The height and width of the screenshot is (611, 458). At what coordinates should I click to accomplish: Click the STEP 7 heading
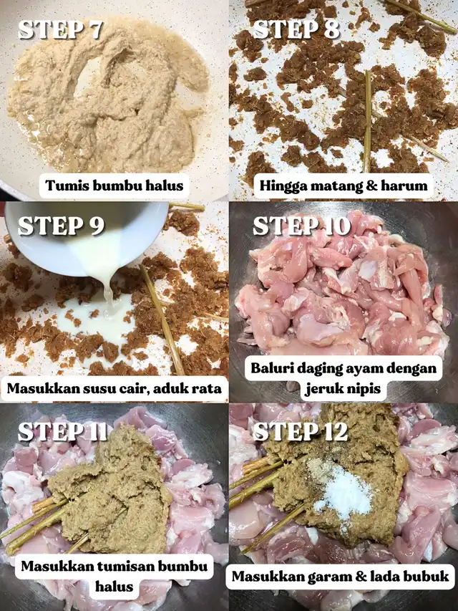point(60,29)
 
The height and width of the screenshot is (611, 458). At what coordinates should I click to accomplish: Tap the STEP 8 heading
point(296,29)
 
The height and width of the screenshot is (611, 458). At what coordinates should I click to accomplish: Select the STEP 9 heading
point(61,226)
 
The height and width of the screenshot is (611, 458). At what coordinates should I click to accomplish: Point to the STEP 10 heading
point(302,226)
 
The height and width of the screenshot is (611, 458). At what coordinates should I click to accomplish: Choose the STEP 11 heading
point(62,431)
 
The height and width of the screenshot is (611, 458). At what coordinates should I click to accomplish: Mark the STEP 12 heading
point(301,431)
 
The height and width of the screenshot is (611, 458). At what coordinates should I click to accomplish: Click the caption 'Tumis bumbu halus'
point(114,186)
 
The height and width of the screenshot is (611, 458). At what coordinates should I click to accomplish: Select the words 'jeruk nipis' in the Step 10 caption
point(343,389)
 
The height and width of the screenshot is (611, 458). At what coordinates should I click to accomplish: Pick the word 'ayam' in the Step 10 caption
point(371,369)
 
